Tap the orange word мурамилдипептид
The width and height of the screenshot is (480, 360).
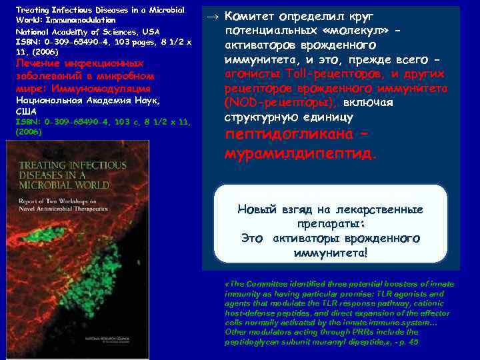301,153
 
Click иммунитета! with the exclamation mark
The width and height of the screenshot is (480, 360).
330,253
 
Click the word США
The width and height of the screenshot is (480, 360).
25,111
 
